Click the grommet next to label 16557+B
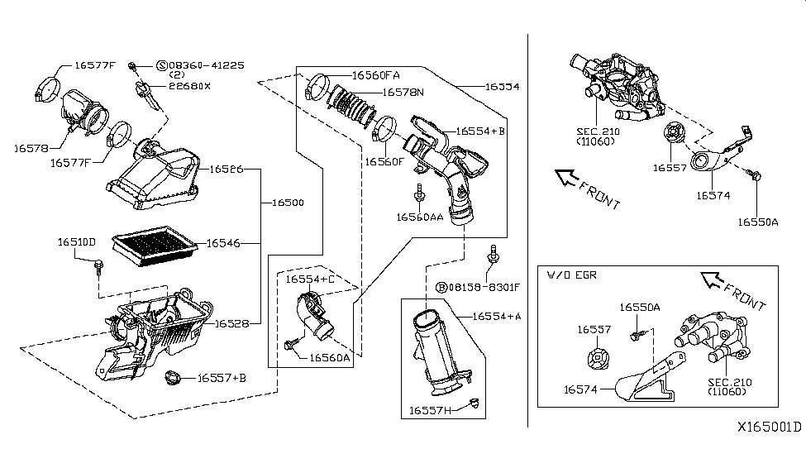pos(173,379)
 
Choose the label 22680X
pos(189,85)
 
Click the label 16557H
pos(432,409)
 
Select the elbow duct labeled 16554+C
pos(314,318)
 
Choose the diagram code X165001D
pos(770,427)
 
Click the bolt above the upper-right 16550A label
pos(753,174)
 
